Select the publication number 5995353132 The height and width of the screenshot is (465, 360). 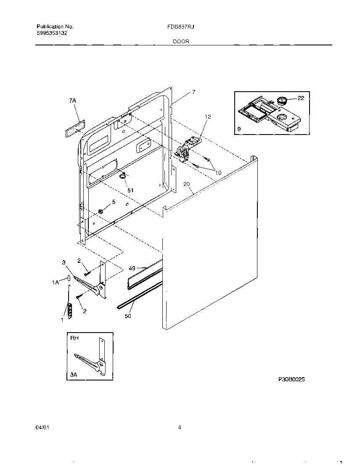[x=52, y=33]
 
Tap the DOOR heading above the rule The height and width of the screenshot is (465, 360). [x=180, y=42]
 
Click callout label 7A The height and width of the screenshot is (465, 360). [x=72, y=100]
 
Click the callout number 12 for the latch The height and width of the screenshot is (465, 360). [x=208, y=116]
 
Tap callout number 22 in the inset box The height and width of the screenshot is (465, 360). [x=301, y=98]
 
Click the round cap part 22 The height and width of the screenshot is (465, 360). [x=282, y=101]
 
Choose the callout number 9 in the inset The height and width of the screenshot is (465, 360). [x=239, y=129]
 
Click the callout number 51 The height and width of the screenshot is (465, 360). [x=130, y=190]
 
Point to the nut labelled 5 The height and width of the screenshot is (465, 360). [x=101, y=211]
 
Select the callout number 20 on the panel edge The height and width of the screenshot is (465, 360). [x=187, y=184]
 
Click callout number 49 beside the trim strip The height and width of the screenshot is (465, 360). [x=132, y=268]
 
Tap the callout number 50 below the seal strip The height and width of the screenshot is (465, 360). [x=128, y=315]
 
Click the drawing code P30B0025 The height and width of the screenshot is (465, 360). [x=291, y=379]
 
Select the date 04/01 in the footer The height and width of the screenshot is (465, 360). [x=42, y=428]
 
